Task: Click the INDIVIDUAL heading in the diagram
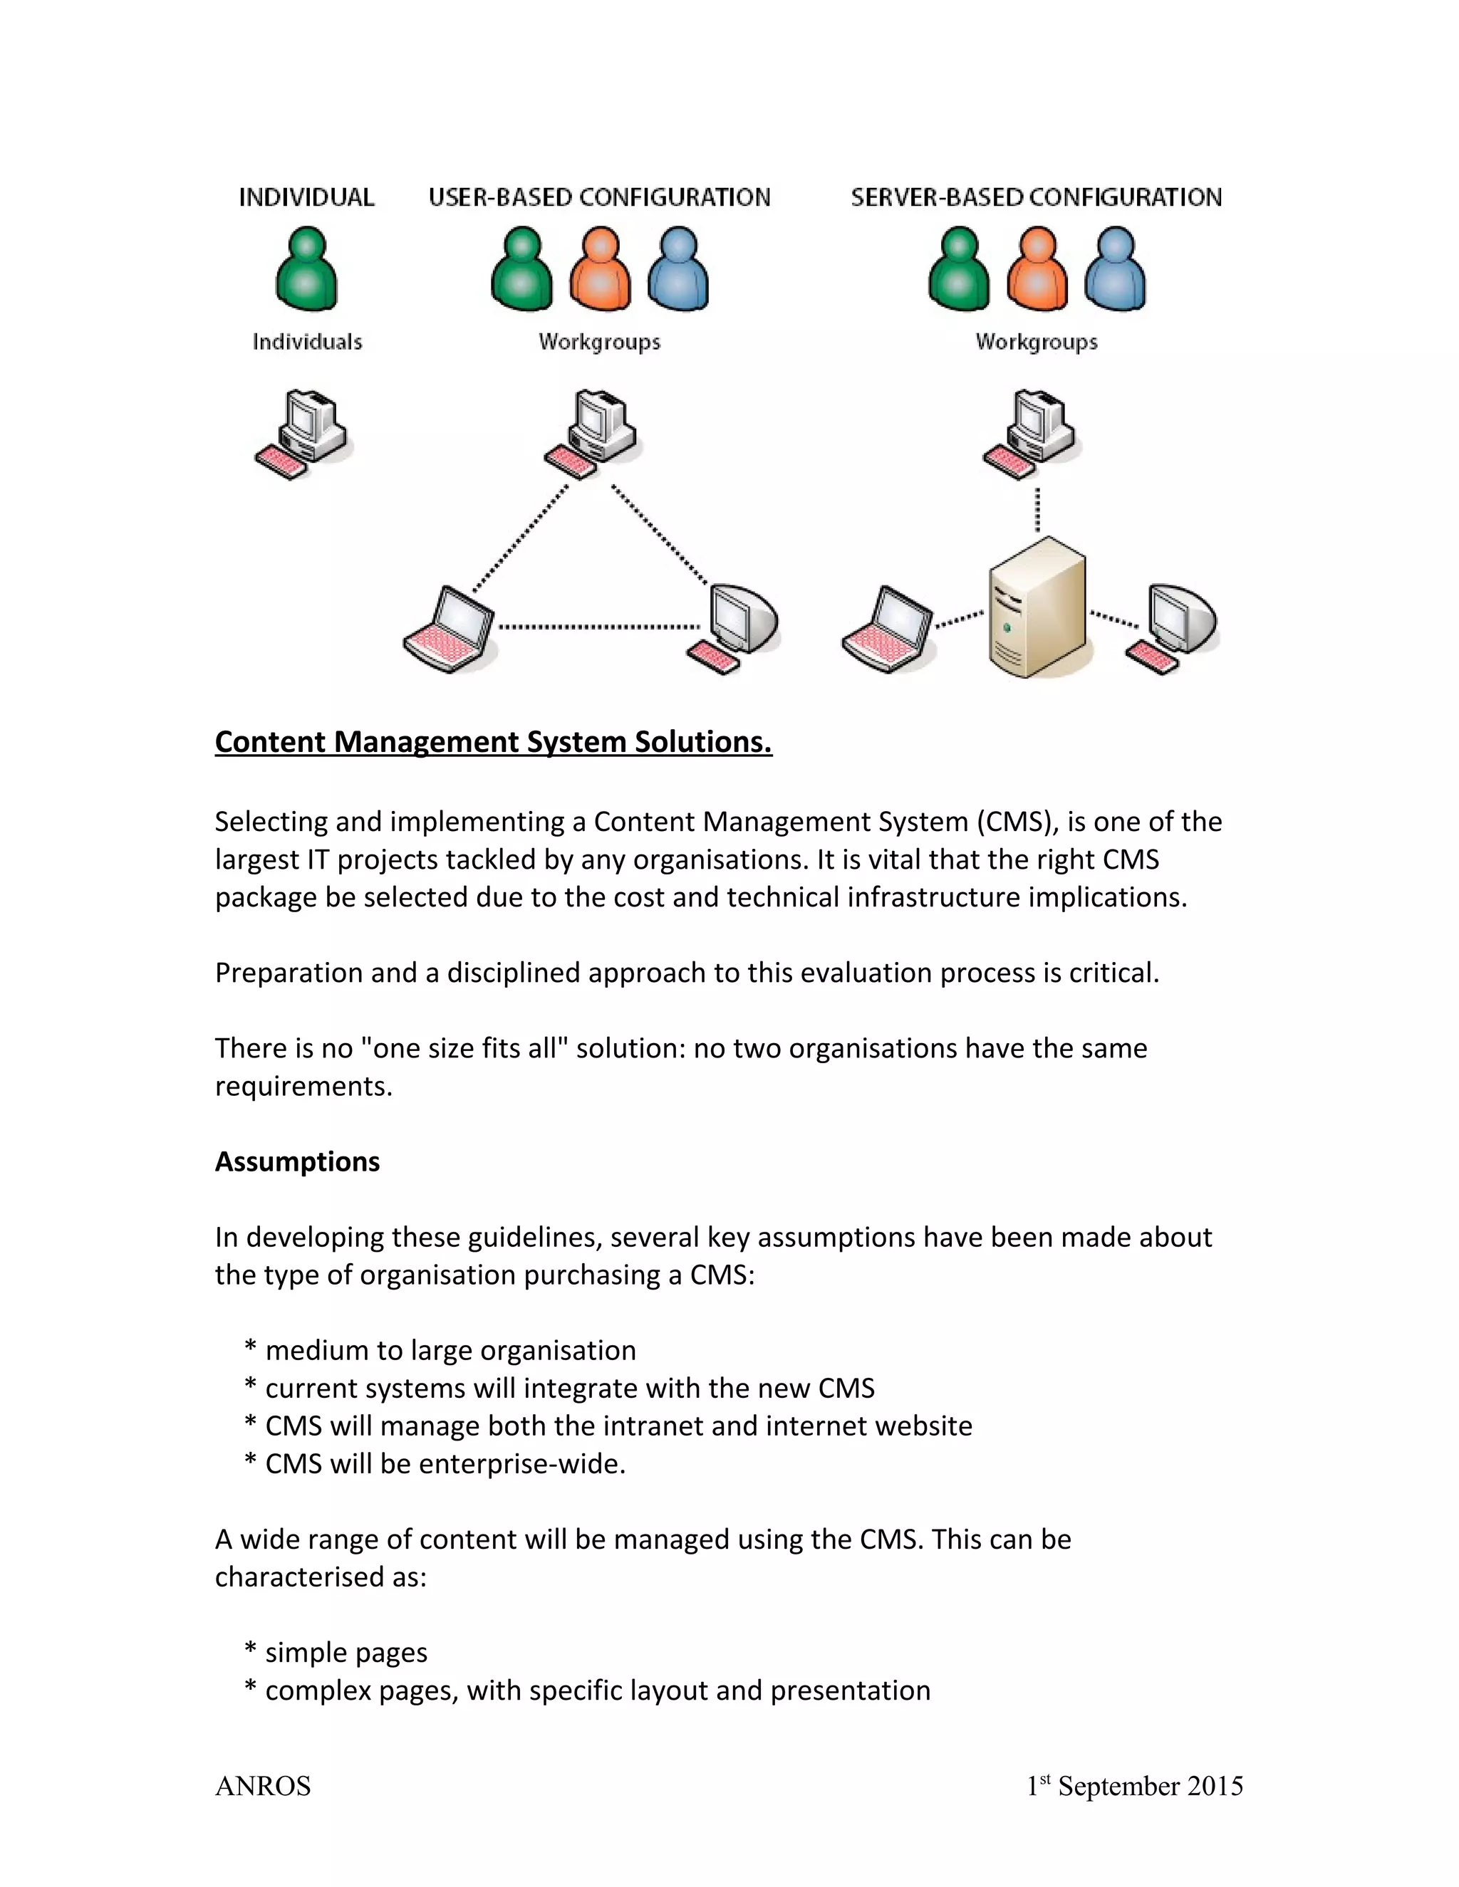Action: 306,197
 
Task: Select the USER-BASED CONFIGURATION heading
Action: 599,197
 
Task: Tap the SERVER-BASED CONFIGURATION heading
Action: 1037,197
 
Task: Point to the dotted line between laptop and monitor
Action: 600,627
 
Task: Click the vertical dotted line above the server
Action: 1037,510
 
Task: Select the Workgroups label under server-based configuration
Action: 1037,342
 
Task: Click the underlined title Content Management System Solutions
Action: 493,742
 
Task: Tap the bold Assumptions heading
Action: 297,1162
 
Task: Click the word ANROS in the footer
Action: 263,1786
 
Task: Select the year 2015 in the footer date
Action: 1215,1786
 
